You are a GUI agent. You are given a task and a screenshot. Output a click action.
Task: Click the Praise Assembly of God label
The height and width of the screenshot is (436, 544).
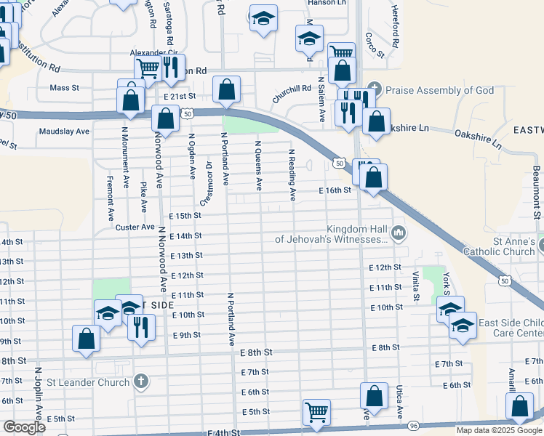439,91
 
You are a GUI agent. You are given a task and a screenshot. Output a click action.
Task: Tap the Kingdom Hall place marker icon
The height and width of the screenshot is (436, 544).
399,233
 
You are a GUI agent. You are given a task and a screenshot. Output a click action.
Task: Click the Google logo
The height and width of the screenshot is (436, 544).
25,427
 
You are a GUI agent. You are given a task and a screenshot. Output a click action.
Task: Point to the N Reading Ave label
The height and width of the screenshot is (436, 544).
292,175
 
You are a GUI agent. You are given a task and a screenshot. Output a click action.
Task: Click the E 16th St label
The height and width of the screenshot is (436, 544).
335,190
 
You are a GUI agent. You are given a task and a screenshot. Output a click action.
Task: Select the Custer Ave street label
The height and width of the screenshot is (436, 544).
132,227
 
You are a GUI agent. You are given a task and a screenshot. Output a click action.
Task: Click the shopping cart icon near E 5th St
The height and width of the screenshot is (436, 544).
317,411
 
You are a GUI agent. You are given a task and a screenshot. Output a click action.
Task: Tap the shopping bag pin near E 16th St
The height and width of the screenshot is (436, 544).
373,177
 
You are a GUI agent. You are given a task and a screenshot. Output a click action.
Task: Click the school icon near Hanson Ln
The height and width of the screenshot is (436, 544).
263,19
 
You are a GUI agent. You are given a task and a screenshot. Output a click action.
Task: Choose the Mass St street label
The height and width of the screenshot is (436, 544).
64,88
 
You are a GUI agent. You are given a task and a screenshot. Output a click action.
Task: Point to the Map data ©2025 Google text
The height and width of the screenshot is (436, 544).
498,430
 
